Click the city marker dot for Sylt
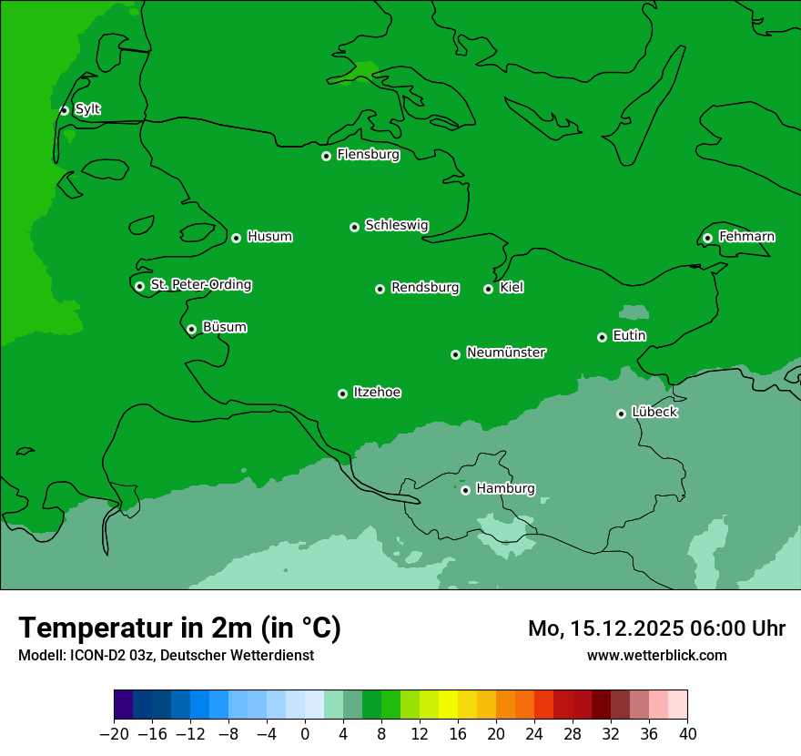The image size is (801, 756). click(64, 110)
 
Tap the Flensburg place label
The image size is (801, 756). click(368, 155)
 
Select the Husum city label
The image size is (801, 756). click(269, 237)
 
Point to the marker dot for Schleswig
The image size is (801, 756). click(354, 227)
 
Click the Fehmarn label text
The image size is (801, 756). click(746, 237)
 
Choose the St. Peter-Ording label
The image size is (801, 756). click(200, 285)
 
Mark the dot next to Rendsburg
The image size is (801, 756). click(380, 289)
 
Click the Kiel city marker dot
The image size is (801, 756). click(488, 289)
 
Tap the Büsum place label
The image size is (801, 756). click(224, 327)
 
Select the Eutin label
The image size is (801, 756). click(629, 336)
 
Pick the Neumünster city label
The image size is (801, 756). click(506, 352)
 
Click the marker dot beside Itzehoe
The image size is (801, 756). click(342, 393)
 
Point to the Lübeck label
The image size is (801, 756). click(654, 413)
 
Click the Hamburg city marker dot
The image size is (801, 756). click(465, 490)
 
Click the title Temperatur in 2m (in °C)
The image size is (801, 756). click(179, 628)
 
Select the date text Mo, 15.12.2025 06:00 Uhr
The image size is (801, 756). click(656, 628)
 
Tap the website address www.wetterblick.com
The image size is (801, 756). click(656, 655)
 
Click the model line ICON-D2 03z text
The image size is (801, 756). click(166, 655)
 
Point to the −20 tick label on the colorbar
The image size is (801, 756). click(114, 734)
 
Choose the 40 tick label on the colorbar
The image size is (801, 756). click(687, 734)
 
